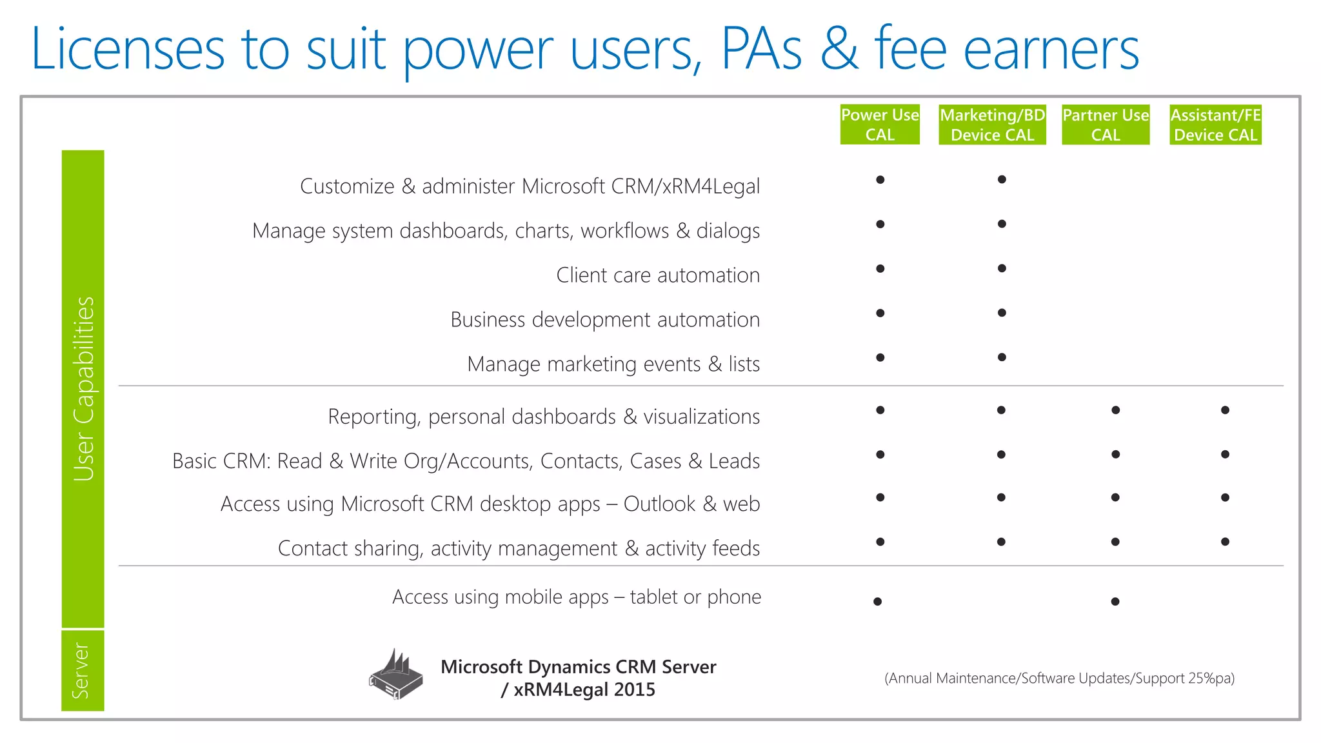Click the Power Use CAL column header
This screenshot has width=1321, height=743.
click(x=880, y=124)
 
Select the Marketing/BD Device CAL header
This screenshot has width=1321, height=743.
click(x=992, y=124)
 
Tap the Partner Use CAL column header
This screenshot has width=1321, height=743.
click(x=1106, y=124)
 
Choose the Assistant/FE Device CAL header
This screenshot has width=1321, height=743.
click(x=1215, y=124)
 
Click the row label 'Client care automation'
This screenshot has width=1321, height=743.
click(x=658, y=275)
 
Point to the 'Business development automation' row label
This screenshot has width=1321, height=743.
click(x=605, y=320)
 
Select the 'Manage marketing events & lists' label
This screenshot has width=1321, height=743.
click(x=613, y=364)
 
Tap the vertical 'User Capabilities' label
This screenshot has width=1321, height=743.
click(x=83, y=389)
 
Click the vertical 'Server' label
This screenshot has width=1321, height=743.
click(x=81, y=671)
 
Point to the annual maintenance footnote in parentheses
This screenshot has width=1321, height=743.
click(x=1059, y=679)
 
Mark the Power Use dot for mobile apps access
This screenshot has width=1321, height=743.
click(x=877, y=602)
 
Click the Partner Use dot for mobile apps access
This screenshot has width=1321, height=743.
click(x=1115, y=602)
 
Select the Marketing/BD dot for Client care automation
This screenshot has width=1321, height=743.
click(x=1002, y=268)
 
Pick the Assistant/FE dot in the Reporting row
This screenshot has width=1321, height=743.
click(x=1225, y=410)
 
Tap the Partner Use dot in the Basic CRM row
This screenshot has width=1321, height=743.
click(x=1115, y=455)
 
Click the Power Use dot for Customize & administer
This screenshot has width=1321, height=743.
click(x=880, y=180)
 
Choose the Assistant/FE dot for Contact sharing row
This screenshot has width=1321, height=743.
click(x=1225, y=542)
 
